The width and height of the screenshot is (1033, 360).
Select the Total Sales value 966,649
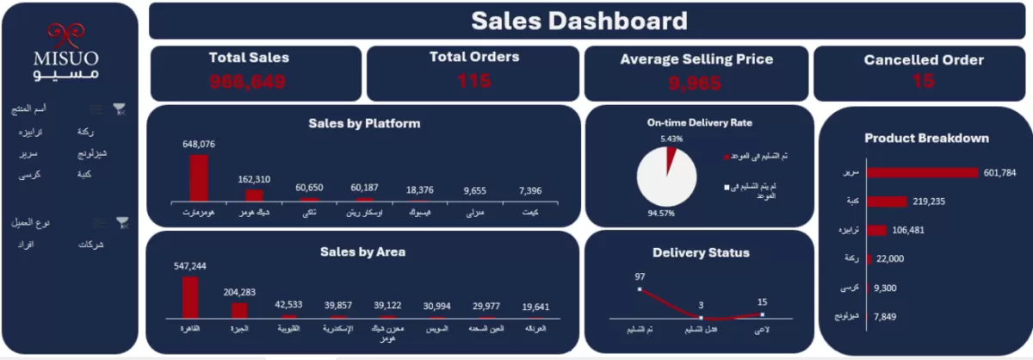pyautogui.click(x=248, y=83)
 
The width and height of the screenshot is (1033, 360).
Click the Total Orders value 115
pyautogui.click(x=473, y=81)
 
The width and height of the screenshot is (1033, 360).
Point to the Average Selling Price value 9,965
pyautogui.click(x=696, y=84)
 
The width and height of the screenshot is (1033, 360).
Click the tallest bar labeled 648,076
pyautogui.click(x=199, y=177)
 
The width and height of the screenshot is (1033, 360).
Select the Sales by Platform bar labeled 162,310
pyautogui.click(x=254, y=195)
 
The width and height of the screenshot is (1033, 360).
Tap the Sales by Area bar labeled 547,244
pyautogui.click(x=190, y=296)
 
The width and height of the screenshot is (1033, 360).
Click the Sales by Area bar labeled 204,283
pyautogui.click(x=239, y=309)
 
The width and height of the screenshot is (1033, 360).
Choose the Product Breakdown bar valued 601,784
pyautogui.click(x=923, y=172)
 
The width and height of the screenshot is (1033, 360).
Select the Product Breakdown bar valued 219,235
pyautogui.click(x=887, y=202)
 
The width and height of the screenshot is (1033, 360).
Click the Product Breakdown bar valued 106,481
pyautogui.click(x=876, y=230)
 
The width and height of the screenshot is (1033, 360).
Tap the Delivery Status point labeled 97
pyautogui.click(x=640, y=289)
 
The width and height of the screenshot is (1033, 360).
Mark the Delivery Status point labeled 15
pyautogui.click(x=763, y=314)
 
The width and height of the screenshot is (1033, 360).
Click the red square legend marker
pyautogui.click(x=726, y=157)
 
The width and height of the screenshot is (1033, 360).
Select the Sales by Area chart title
pyautogui.click(x=362, y=251)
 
